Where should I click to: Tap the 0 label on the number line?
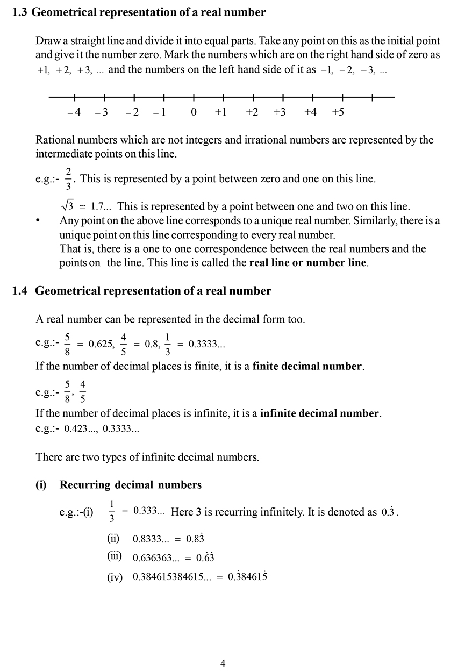tap(194, 112)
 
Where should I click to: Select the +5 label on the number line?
tap(338, 112)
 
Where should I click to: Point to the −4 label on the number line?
tap(74, 112)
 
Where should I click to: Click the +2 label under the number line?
tap(252, 112)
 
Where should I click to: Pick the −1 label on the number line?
tap(160, 112)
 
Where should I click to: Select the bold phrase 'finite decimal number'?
tap(307, 367)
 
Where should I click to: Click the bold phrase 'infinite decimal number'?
tap(319, 414)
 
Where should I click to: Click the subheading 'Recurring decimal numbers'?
tap(130, 485)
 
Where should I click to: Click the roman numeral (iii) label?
tap(115, 556)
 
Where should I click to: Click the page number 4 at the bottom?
tap(223, 663)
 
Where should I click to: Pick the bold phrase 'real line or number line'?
tap(309, 263)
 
